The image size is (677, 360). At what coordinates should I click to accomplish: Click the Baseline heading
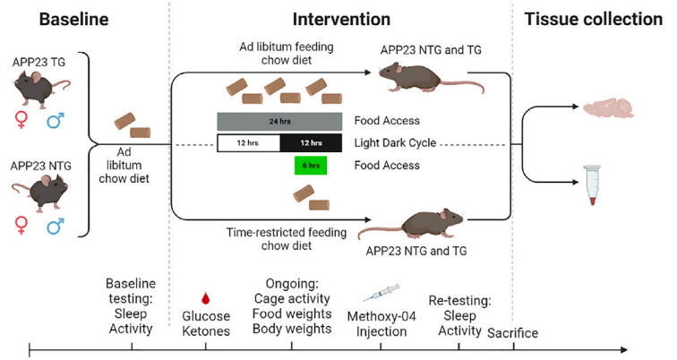coord(73,20)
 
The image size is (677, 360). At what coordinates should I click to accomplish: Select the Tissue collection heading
coord(593,20)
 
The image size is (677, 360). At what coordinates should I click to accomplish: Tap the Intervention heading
coord(341,20)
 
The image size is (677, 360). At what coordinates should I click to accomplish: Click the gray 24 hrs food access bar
coord(279,121)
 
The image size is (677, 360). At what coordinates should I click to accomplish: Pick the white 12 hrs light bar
coord(248,143)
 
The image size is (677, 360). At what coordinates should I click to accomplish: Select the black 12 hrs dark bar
coord(311,143)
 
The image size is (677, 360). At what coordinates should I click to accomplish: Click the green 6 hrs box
coord(311,166)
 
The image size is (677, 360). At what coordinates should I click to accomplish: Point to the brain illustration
coord(609,108)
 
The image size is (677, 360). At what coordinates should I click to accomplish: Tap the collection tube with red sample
coord(592,184)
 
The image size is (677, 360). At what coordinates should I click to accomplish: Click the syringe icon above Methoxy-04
coord(381,293)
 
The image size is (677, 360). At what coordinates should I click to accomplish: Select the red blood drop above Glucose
coord(206,298)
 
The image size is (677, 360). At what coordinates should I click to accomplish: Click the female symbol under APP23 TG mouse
coord(21,120)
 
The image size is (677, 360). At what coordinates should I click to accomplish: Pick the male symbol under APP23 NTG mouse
coord(56,226)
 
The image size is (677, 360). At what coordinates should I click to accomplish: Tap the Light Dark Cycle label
coord(395,143)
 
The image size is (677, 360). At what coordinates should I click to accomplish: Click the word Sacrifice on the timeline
coord(512,333)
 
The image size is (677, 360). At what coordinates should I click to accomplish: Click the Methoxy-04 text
coord(381,316)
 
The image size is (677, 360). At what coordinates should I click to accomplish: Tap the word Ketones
coord(206,331)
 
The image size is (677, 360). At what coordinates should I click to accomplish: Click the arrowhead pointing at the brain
coord(575,107)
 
